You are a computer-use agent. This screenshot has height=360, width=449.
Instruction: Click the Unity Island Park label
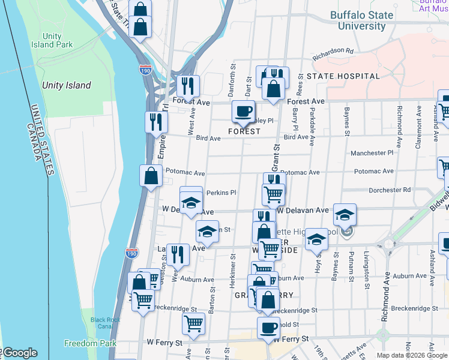(55, 40)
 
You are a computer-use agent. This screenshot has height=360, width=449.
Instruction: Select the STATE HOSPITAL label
(343, 76)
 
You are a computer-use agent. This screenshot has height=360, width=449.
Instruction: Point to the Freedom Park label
(89, 344)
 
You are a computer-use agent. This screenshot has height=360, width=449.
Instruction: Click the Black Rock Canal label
(106, 323)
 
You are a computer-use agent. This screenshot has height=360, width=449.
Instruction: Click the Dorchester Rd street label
(390, 190)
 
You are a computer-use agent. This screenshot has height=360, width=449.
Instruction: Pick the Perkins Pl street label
(221, 193)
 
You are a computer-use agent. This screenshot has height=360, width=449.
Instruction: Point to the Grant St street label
(277, 155)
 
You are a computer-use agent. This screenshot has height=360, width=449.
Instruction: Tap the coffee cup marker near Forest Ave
(243, 111)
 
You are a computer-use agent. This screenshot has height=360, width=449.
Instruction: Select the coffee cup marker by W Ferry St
(268, 328)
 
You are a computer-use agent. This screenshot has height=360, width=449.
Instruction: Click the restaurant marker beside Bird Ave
(156, 121)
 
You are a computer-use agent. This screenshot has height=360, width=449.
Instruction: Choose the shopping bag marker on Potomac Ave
(151, 176)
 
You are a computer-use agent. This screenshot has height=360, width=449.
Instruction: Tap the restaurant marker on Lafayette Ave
(178, 254)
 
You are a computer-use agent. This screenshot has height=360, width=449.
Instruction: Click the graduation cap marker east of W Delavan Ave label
(345, 214)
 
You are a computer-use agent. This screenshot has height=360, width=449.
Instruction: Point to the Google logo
(20, 353)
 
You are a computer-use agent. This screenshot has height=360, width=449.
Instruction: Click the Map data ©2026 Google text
(411, 355)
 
